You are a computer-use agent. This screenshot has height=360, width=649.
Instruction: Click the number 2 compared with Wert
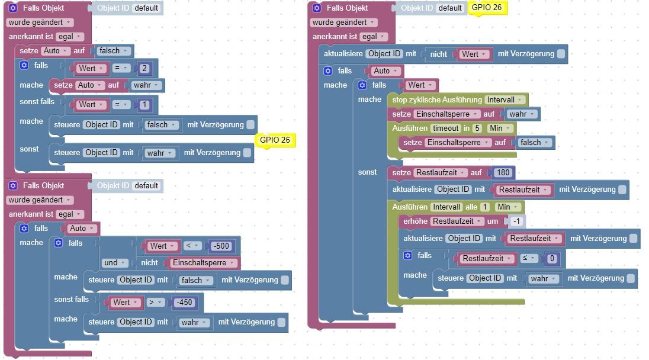144,68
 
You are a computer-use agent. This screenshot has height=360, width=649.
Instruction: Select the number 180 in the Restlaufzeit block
503,172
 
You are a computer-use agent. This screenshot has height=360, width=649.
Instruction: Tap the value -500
221,246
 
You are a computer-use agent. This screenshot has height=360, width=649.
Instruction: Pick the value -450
184,302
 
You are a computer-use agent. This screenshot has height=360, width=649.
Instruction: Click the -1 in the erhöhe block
516,221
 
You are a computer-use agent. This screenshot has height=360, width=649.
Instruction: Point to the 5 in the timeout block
477,128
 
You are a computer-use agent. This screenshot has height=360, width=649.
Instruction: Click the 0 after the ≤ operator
552,259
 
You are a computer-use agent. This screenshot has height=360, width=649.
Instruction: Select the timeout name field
446,128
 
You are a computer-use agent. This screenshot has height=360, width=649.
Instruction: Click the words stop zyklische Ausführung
437,99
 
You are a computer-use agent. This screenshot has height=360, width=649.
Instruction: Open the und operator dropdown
114,263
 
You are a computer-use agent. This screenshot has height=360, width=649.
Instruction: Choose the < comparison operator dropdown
192,246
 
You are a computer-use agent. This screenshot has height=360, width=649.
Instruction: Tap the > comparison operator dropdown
155,302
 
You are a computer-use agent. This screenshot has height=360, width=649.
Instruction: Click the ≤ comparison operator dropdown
528,258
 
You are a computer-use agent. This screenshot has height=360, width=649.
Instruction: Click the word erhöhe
415,221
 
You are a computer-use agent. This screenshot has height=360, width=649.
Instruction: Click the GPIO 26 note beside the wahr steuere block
275,140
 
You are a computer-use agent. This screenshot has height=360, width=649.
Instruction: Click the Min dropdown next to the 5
500,128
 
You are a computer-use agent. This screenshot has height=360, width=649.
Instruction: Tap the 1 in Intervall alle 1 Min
485,207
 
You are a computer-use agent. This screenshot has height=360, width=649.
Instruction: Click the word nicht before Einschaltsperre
149,263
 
